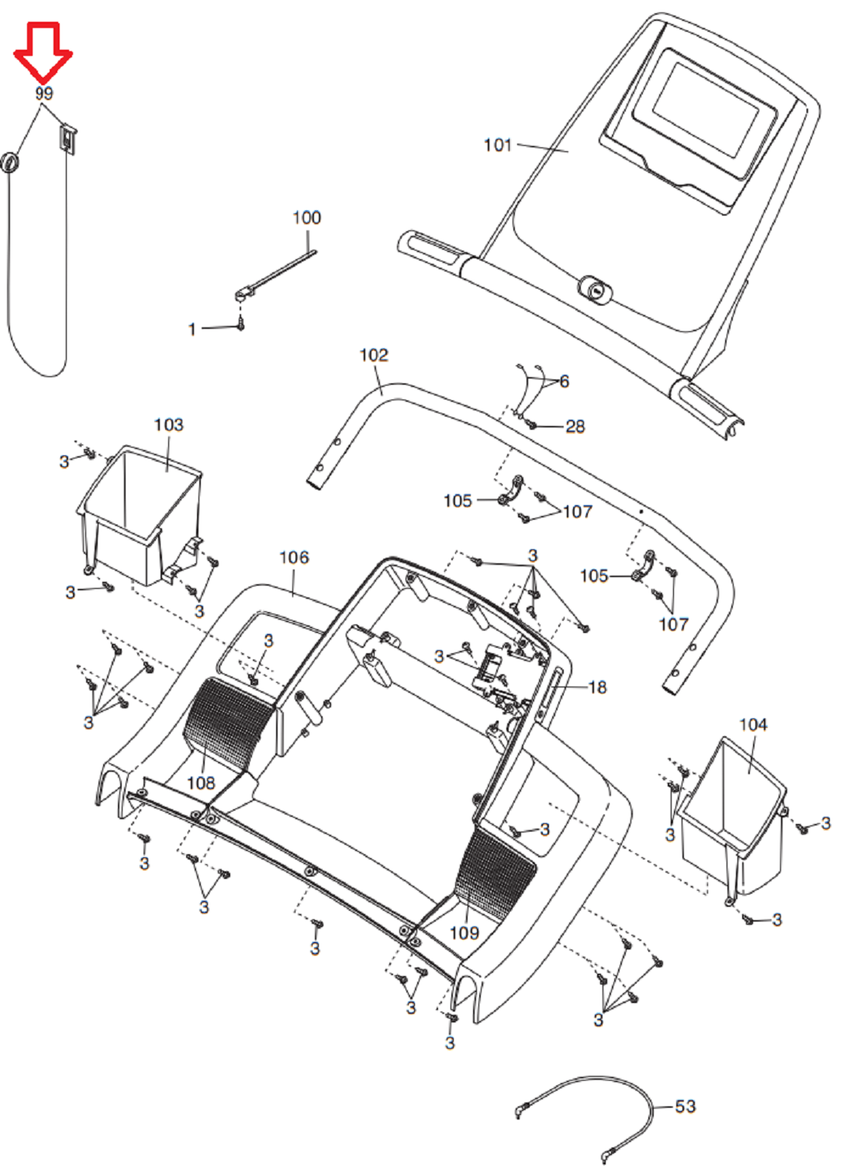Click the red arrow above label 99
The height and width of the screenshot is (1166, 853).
(x=43, y=52)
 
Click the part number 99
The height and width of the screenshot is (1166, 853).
(x=44, y=94)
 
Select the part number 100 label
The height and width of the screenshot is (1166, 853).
(x=307, y=217)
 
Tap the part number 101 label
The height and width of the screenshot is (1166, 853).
(x=498, y=145)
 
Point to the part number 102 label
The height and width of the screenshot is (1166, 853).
(x=375, y=355)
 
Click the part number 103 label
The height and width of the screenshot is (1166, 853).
(x=168, y=425)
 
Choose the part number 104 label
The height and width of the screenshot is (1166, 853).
(x=753, y=725)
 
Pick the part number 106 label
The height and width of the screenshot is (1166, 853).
(x=294, y=558)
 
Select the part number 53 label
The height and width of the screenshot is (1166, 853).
(x=685, y=1107)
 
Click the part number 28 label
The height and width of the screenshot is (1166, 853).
(x=575, y=427)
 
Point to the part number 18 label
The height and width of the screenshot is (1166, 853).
(x=597, y=687)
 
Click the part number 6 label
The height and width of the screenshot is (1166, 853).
(x=565, y=382)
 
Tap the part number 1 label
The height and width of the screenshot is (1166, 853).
(x=192, y=330)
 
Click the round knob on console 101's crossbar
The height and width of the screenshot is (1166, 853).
(x=594, y=288)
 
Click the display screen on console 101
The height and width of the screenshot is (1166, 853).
(x=706, y=110)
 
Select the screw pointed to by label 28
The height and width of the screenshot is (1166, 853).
(x=531, y=425)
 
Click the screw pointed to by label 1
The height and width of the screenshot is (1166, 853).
(x=241, y=325)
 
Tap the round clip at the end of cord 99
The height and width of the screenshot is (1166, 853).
(x=10, y=162)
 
